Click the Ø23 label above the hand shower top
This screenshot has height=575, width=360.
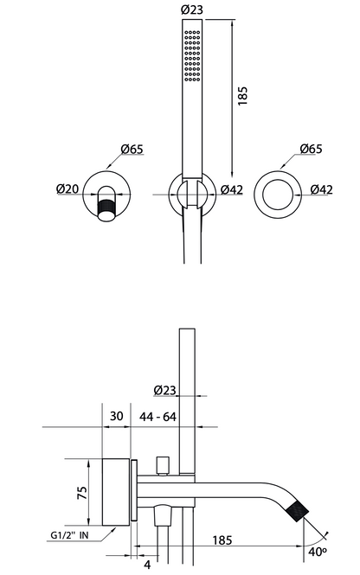click(192, 10)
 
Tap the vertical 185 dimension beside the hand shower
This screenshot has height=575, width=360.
click(242, 96)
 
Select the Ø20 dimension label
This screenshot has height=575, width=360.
click(67, 188)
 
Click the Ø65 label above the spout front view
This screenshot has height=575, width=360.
click(132, 150)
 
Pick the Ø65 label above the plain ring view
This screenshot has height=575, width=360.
click(311, 149)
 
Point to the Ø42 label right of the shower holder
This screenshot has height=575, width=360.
click(232, 189)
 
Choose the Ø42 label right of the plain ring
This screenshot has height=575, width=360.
click(321, 189)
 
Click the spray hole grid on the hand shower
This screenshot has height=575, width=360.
click(192, 55)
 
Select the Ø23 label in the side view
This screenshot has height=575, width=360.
click(164, 390)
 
